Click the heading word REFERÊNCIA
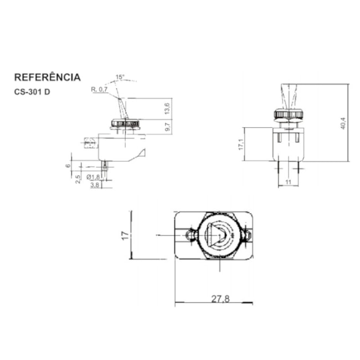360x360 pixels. pyautogui.click(x=48, y=77)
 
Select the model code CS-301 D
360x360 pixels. pyautogui.click(x=32, y=92)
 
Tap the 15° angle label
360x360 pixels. pyautogui.click(x=120, y=77)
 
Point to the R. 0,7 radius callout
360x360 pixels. pyautogui.click(x=99, y=89)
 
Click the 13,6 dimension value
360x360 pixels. pyautogui.click(x=167, y=109)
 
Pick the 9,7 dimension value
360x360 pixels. pyautogui.click(x=167, y=127)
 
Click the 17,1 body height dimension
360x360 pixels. pyautogui.click(x=241, y=145)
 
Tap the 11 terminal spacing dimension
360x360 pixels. pyautogui.click(x=288, y=182)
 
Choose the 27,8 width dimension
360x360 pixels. pyautogui.click(x=220, y=299)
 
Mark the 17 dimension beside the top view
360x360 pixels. pyautogui.click(x=125, y=235)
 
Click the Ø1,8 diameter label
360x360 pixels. pyautogui.click(x=93, y=177)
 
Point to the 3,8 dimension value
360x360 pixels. pyautogui.click(x=95, y=185)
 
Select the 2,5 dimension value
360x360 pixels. pyautogui.click(x=78, y=179)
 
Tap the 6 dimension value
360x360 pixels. pyautogui.click(x=68, y=166)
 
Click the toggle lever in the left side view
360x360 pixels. pyautogui.click(x=123, y=109)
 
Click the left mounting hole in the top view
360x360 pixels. pyautogui.click(x=189, y=235)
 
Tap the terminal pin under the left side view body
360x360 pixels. pyautogui.click(x=105, y=166)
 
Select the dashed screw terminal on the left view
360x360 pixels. pyautogui.click(x=90, y=143)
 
